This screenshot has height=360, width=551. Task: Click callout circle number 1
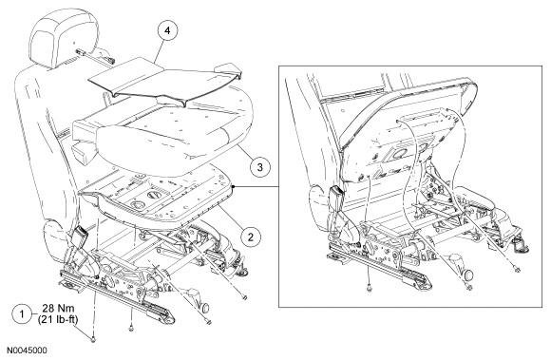[23, 313]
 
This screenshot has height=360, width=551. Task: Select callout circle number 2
[251, 237]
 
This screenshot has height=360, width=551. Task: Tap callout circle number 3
[260, 167]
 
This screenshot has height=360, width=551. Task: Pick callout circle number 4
[167, 30]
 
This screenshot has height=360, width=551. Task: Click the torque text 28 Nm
[59, 309]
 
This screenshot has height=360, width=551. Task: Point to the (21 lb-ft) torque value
[58, 319]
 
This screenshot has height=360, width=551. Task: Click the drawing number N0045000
[27, 351]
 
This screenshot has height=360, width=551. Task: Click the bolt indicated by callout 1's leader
[93, 340]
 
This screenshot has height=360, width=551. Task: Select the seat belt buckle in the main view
[79, 235]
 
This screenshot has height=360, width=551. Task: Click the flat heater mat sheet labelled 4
[165, 79]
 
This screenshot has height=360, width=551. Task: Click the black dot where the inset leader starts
[234, 187]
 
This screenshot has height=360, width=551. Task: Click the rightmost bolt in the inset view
[517, 270]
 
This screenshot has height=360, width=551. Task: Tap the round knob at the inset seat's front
[467, 275]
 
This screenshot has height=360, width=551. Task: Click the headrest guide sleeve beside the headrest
[82, 52]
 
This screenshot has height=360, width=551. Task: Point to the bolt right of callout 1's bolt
[131, 329]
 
